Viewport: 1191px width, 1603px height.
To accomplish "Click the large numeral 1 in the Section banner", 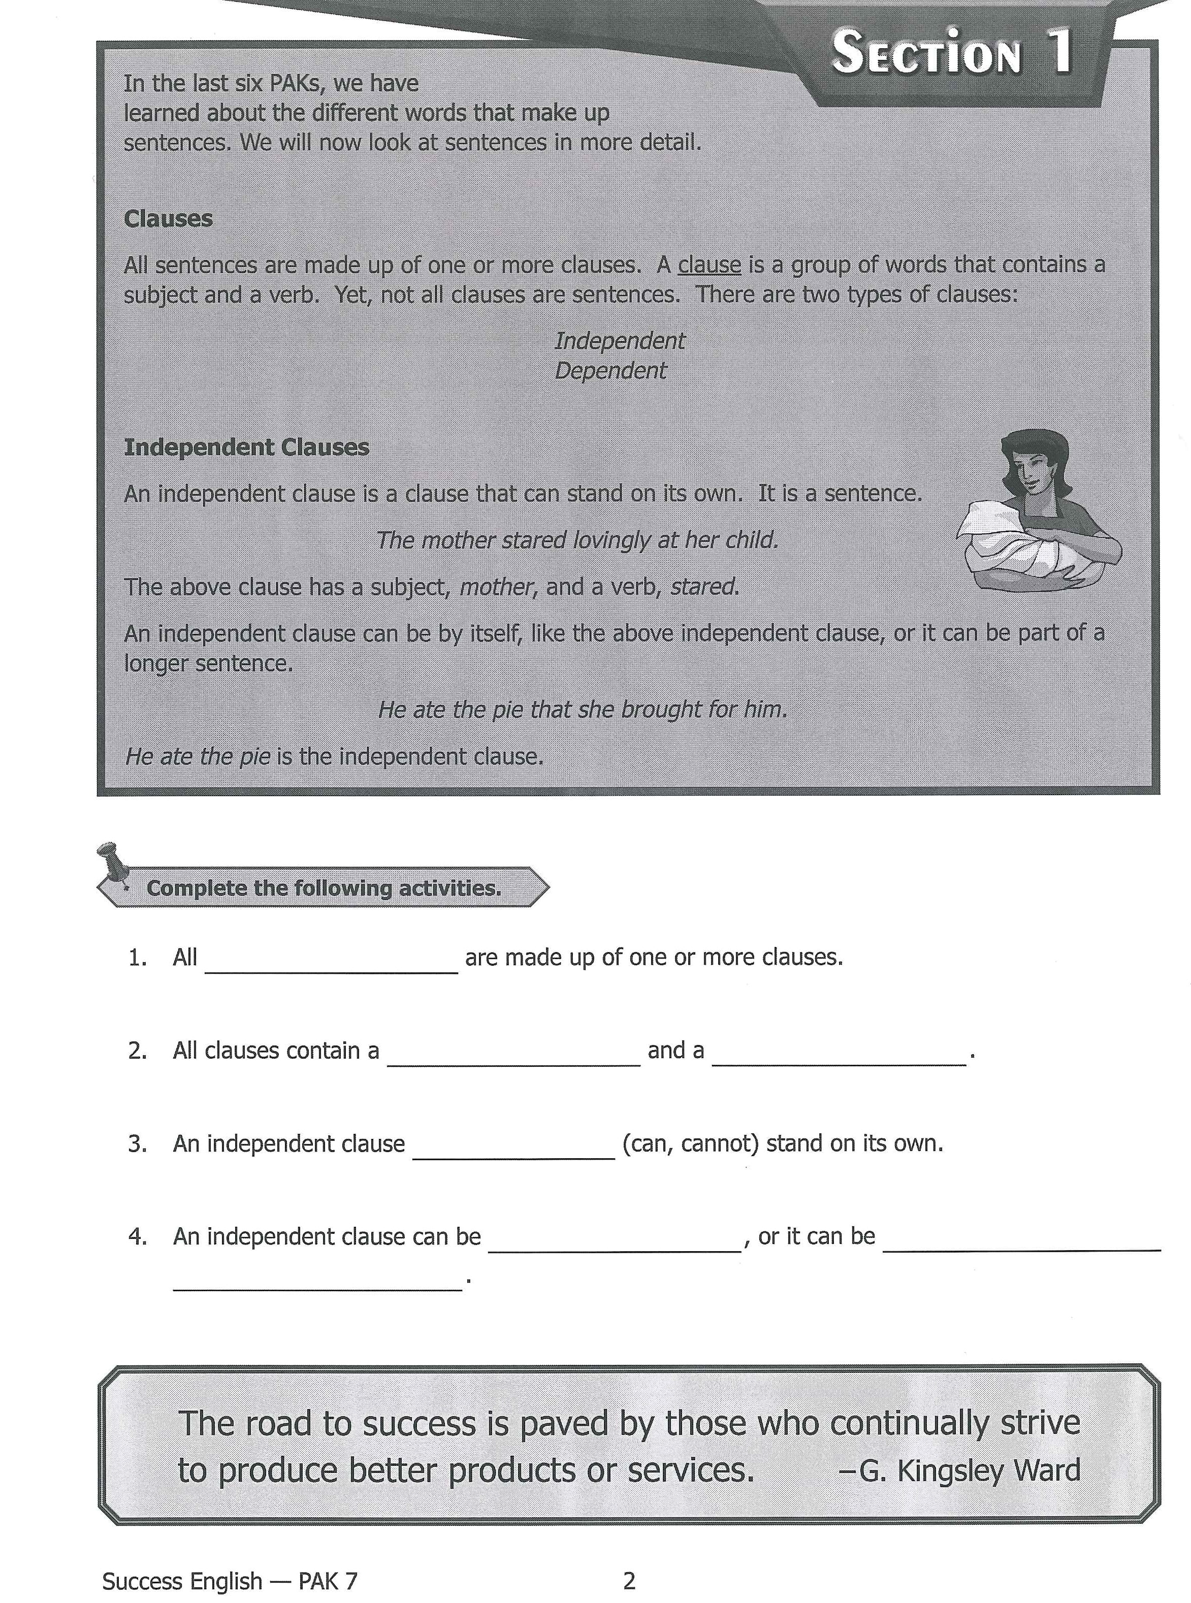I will pos(1060,52).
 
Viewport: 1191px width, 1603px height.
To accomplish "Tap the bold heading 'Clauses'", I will pos(168,218).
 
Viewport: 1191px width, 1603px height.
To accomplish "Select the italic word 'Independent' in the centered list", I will pos(619,341).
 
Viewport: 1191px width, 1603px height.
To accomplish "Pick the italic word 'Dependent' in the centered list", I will pos(610,371).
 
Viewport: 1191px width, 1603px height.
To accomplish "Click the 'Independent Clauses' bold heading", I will pos(246,448).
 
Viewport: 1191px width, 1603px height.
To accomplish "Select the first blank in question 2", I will pos(513,1060).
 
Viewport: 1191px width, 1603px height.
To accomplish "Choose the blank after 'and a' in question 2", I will pos(839,1060).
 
